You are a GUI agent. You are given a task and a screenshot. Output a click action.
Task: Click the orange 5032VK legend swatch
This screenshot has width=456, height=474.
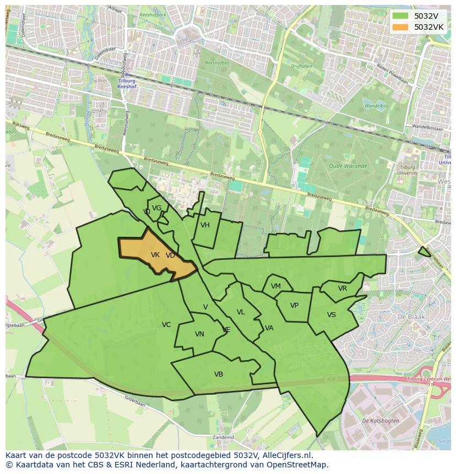400,27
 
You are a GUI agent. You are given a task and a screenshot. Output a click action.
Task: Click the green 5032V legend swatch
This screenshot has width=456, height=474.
400,16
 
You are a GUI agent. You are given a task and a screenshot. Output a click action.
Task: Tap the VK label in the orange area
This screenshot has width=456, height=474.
155,255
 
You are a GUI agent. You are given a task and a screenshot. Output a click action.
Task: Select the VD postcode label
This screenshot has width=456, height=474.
170,255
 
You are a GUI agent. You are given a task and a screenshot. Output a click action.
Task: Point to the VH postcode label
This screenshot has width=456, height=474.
205,225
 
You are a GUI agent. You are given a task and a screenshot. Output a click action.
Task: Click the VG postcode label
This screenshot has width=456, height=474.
156,208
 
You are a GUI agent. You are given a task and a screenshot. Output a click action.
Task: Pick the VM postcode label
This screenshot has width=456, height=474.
276,286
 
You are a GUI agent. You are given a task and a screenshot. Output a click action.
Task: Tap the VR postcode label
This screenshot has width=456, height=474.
343,288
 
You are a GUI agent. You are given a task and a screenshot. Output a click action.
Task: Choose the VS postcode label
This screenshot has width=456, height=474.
332,315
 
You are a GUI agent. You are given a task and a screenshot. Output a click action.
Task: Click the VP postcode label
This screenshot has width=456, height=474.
294,306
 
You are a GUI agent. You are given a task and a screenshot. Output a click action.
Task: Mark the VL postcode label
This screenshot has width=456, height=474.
241,312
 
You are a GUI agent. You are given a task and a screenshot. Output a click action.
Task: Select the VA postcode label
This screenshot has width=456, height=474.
269,328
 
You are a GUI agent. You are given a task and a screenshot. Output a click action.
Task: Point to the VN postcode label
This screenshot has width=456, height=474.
199,334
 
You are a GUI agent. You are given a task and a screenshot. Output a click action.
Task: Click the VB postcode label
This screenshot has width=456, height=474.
219,374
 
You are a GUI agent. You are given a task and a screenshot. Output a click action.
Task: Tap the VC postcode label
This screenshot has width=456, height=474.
166,325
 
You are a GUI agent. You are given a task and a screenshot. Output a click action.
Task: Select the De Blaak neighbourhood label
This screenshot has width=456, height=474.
409,317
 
